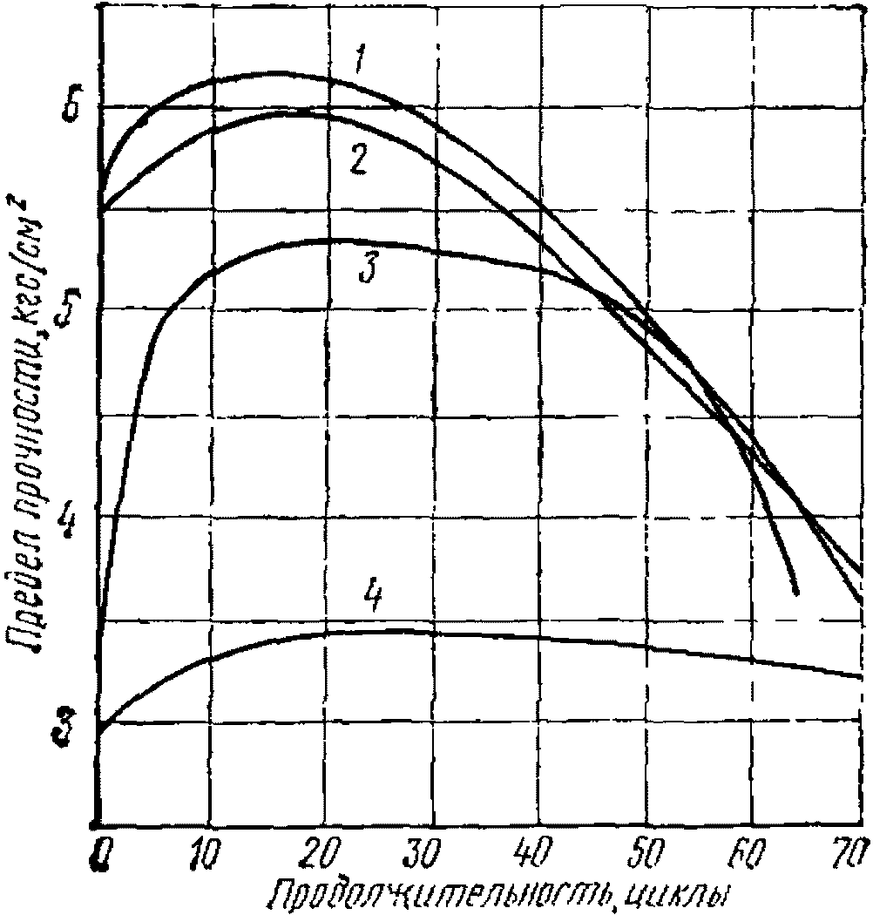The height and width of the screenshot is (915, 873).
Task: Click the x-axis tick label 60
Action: click(x=750, y=851)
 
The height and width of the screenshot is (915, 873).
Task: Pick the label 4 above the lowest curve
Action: click(x=373, y=598)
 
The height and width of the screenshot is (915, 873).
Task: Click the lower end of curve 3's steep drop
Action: click(x=795, y=593)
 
